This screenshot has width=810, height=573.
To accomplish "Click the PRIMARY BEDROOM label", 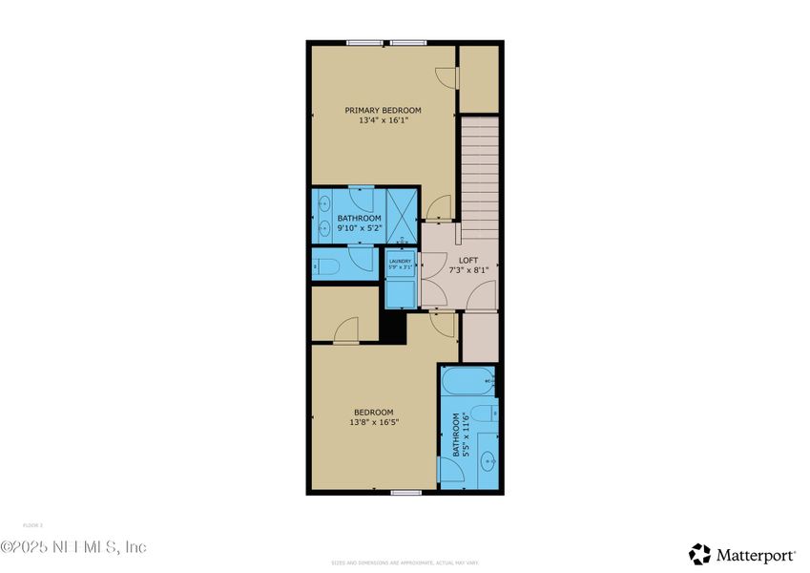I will click(x=383, y=111).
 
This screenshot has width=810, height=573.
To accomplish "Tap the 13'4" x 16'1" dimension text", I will click(x=383, y=121).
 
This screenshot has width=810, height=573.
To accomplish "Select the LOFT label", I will click(x=467, y=261).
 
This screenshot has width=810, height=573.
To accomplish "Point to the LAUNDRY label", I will click(x=399, y=261).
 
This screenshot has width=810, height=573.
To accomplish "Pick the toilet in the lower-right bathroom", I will click(x=485, y=414).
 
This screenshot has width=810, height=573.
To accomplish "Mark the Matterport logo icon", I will click(x=700, y=554).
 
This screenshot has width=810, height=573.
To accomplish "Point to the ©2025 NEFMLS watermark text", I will click(x=73, y=547).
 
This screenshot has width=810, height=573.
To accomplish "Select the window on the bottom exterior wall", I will click(x=406, y=493).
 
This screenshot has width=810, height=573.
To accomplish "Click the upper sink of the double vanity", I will click(x=323, y=202).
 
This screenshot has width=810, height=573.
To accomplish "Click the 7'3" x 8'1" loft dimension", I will click(x=467, y=271).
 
